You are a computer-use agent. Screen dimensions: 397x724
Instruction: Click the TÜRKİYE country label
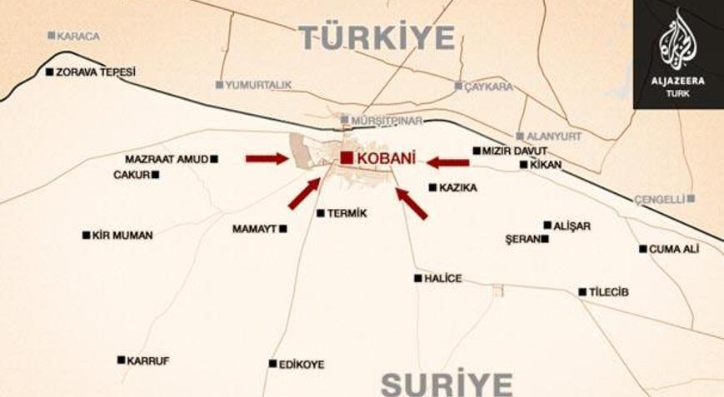(x=377, y=37)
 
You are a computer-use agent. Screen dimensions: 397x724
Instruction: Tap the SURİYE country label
(x=447, y=385)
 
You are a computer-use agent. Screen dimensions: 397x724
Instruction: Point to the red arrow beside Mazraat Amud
(x=267, y=158)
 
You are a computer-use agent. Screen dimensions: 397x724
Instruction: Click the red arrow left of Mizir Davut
(x=447, y=162)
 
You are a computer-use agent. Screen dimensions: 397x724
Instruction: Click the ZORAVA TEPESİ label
(x=95, y=72)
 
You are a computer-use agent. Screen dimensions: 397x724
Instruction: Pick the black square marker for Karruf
(x=121, y=360)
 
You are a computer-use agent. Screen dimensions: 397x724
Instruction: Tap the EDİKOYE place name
(x=302, y=365)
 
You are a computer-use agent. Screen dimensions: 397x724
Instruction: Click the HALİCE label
(x=442, y=279)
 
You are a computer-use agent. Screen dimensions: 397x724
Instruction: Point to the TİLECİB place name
(x=608, y=292)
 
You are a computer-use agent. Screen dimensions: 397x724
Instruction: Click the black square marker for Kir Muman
(x=86, y=236)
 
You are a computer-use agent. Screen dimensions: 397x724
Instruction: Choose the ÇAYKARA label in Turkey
(x=488, y=86)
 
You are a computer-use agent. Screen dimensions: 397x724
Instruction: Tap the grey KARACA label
(x=79, y=36)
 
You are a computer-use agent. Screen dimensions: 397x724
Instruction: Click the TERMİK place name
(x=347, y=214)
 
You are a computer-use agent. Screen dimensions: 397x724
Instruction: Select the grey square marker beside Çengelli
(x=691, y=199)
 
